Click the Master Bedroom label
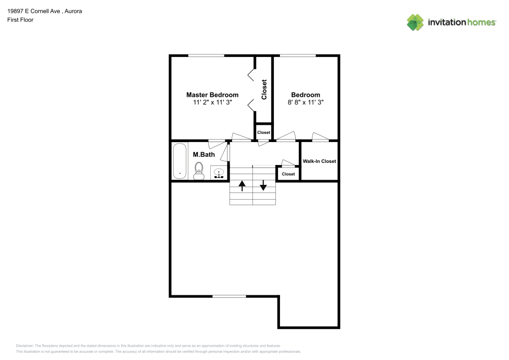212,95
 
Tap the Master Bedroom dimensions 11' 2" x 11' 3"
212,102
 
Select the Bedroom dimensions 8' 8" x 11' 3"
305,102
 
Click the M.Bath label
204,154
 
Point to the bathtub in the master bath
180,161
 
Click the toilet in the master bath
199,170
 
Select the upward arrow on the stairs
242,185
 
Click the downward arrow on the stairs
263,185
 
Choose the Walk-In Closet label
319,161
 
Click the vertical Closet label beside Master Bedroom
264,90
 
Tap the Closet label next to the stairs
288,174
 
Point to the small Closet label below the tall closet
264,132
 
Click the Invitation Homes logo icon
415,22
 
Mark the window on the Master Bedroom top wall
206,56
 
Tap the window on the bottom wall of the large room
229,296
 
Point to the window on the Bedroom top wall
297,56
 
